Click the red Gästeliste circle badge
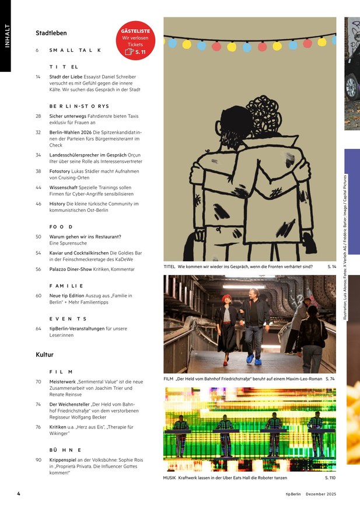coord(135,41)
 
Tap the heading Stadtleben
coord(51,33)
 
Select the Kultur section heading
coord(44,354)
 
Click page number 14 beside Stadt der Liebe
coord(38,77)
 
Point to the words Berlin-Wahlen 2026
coord(71,133)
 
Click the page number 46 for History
coord(39,204)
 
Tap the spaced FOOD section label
coord(61,227)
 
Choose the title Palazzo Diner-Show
coord(71,269)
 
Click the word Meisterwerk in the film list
coord(62,382)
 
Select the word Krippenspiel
coord(62,460)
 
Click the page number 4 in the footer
coord(19,494)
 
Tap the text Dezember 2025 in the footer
coord(321,494)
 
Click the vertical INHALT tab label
coord(7,36)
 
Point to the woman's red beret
coord(226,297)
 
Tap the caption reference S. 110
coord(330,478)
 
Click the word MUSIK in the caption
coord(169,478)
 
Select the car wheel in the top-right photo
coord(352,87)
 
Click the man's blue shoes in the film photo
coord(254,360)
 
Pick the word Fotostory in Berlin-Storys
coord(60,172)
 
